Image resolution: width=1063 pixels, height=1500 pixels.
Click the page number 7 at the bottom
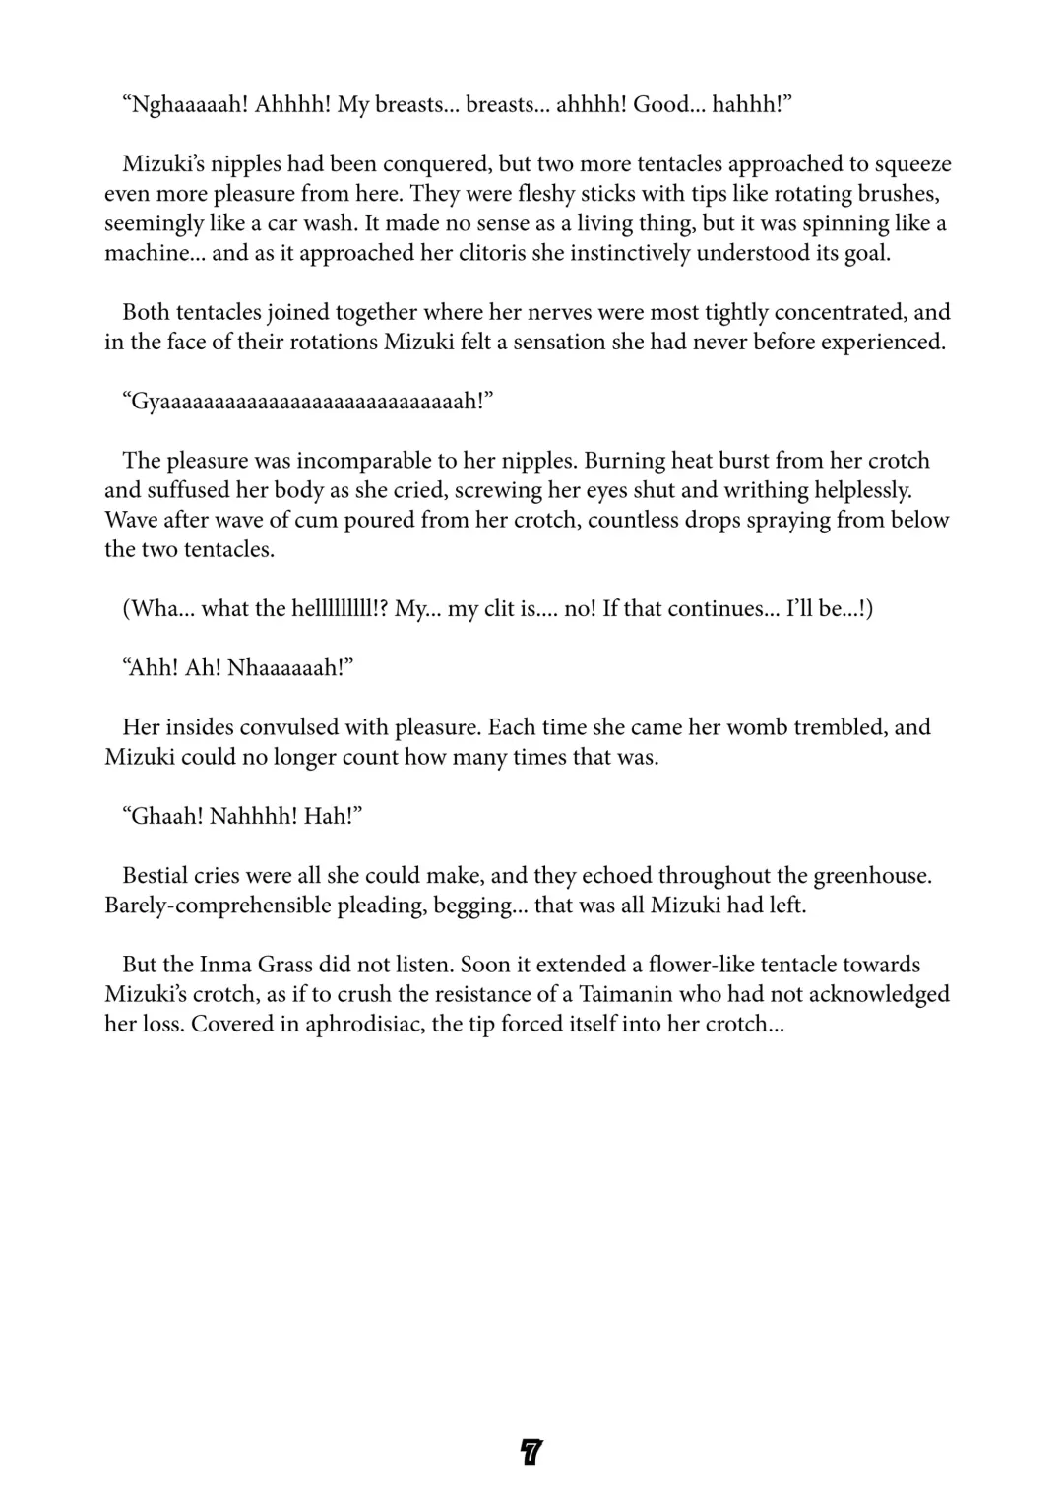(x=531, y=1452)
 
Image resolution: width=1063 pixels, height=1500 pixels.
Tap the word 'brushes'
(x=895, y=194)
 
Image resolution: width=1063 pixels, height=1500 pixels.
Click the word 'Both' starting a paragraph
(x=146, y=313)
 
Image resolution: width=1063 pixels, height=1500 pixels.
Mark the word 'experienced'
(x=882, y=343)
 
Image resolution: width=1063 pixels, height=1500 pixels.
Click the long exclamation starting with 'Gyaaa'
(x=306, y=402)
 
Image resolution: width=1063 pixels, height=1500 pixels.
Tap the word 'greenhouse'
(x=869, y=876)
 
